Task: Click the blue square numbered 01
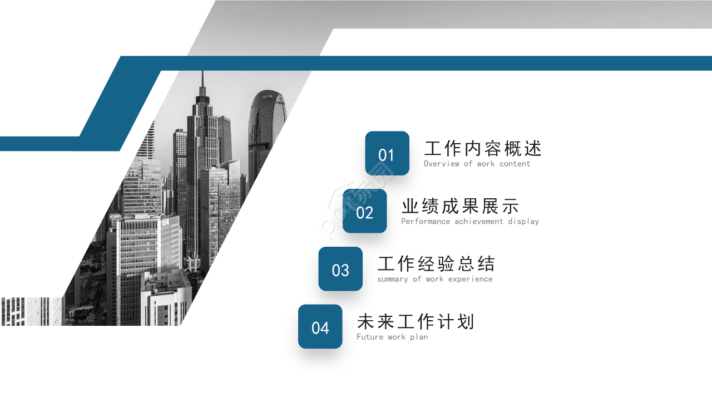coord(387,153)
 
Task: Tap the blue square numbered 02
coord(365,211)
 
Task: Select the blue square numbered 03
coord(340,269)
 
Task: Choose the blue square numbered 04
coord(320,327)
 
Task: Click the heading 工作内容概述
coord(482,149)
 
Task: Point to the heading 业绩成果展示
coord(460,207)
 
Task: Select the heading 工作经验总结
coord(436,264)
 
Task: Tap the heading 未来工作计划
coord(416,322)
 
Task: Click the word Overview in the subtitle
coord(442,164)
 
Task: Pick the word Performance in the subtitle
coord(426,221)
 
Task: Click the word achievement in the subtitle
coord(479,221)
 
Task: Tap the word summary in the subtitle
coord(392,279)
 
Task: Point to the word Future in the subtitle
coord(370,337)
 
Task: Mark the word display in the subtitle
coord(523,221)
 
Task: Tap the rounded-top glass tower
coord(266,123)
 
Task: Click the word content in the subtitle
coord(515,164)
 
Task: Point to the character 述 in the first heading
coord(532,149)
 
